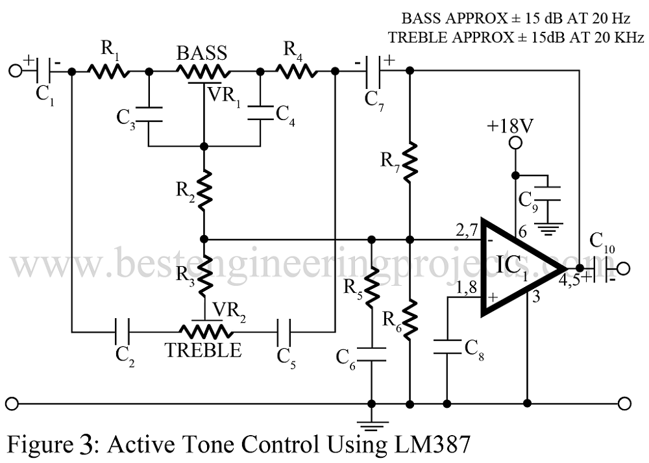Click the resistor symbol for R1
pyautogui.click(x=109, y=71)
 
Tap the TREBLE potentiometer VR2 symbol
pyautogui.click(x=203, y=331)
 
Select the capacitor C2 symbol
pyautogui.click(x=123, y=332)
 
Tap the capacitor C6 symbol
pyautogui.click(x=371, y=354)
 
